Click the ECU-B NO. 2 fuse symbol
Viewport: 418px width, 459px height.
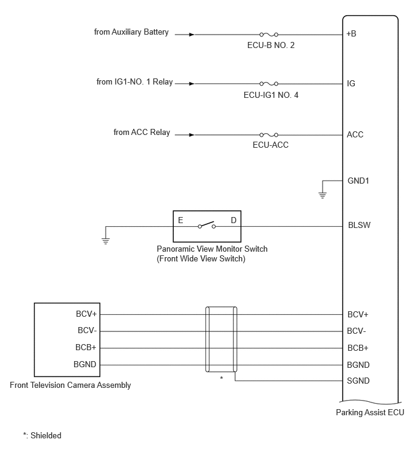coord(269,35)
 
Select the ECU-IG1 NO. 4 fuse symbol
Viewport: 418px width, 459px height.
coord(269,84)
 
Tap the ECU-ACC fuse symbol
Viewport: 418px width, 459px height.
coord(269,135)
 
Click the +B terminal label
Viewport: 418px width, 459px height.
coord(351,34)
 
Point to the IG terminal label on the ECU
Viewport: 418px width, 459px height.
coord(351,84)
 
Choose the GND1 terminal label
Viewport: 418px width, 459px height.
coord(358,181)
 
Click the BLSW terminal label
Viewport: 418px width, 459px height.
coord(359,225)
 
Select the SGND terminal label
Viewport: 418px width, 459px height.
coord(358,381)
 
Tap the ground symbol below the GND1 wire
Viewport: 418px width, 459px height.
coord(323,195)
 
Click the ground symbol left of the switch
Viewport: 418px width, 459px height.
coord(106,241)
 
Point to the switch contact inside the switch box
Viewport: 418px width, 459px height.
coord(207,225)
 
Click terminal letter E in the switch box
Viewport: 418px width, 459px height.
coord(180,220)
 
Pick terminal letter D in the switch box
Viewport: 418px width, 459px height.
coord(233,220)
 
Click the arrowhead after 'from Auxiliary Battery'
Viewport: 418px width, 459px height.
coord(191,35)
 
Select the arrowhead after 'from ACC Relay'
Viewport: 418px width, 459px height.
coord(191,135)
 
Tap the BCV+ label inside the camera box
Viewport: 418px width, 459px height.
coord(86,314)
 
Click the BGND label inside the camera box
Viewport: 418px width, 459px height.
coord(85,364)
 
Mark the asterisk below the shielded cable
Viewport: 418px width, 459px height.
coord(221,378)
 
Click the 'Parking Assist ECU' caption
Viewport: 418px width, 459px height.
coord(370,412)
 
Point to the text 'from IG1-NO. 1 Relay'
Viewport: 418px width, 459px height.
coord(134,82)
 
